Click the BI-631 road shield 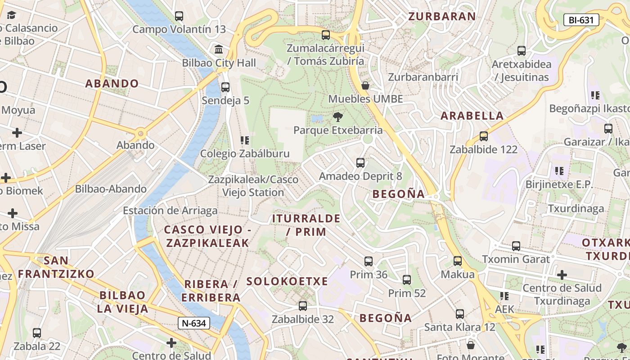pyautogui.click(x=581, y=20)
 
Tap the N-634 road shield pyautogui.click(x=194, y=323)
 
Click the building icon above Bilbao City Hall pyautogui.click(x=219, y=49)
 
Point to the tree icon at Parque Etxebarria pyautogui.click(x=337, y=117)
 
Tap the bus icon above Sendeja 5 pyautogui.click(x=225, y=87)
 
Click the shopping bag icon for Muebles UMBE pyautogui.click(x=365, y=85)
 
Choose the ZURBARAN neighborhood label pyautogui.click(x=441, y=17)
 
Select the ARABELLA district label pyautogui.click(x=472, y=116)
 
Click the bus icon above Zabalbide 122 pyautogui.click(x=484, y=136)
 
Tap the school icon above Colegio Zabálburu pyautogui.click(x=245, y=140)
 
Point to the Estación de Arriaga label pyautogui.click(x=170, y=211)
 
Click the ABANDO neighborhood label pyautogui.click(x=112, y=84)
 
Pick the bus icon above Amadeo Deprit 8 pyautogui.click(x=360, y=163)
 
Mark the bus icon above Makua pyautogui.click(x=458, y=261)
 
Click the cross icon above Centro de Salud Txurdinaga pyautogui.click(x=562, y=274)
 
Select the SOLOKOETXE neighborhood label pyautogui.click(x=287, y=282)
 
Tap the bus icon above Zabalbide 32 pyautogui.click(x=303, y=306)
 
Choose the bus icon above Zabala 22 pyautogui.click(x=37, y=333)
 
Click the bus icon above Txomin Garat pyautogui.click(x=516, y=246)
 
